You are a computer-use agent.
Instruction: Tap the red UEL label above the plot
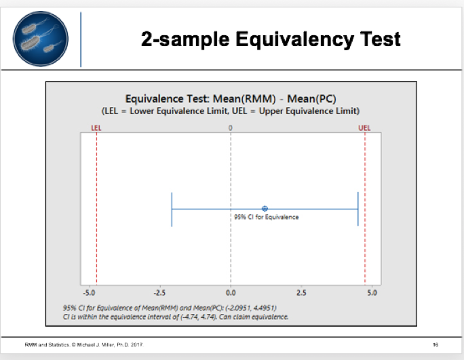[x=364, y=127]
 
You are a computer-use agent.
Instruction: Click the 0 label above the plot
[x=231, y=127]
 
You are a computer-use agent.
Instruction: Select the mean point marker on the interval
[x=265, y=209]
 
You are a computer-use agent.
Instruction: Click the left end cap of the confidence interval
[x=172, y=209]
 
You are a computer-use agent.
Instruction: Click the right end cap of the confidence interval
[x=357, y=209]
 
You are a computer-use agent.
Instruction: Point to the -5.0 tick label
[x=88, y=294]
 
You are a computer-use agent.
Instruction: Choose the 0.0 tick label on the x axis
[x=231, y=294]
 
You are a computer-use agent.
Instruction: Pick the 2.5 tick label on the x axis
[x=301, y=294]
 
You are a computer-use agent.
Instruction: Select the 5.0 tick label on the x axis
[x=372, y=294]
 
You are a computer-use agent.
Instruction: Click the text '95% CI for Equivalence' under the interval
[x=266, y=217]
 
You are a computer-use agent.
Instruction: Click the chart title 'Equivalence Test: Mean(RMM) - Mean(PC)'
[x=230, y=98]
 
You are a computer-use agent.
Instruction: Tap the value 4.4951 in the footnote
[x=263, y=307]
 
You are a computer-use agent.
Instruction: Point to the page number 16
[x=436, y=345]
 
